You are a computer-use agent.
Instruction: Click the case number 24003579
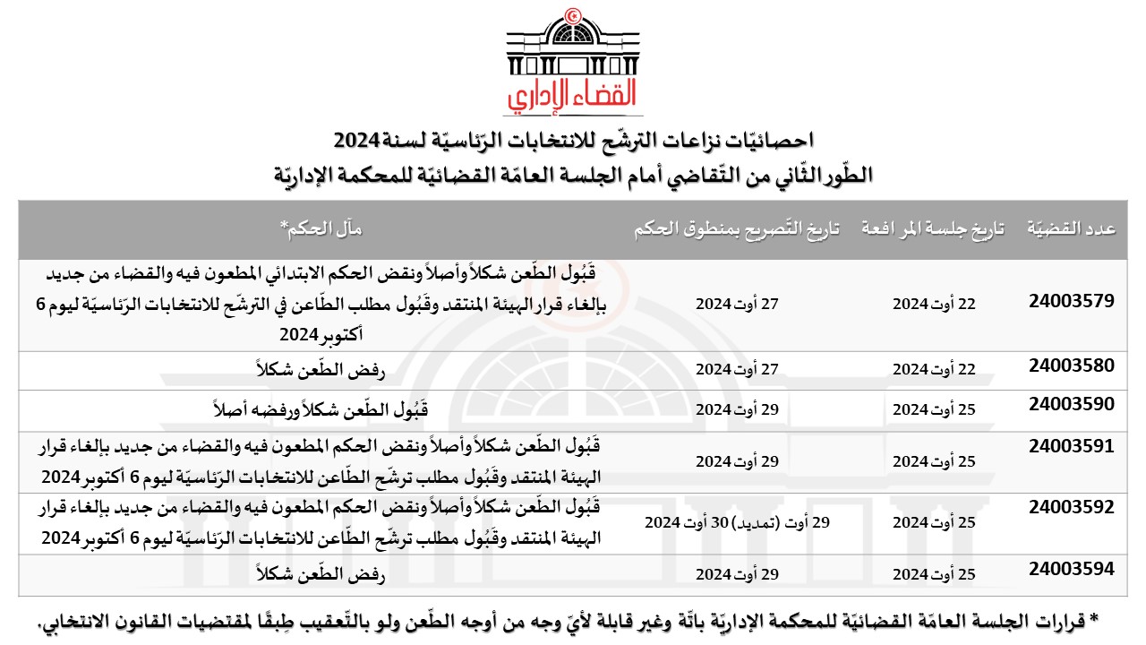pos(1072,301)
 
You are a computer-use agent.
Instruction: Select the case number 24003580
pos(1072,365)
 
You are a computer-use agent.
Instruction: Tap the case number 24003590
pos(1072,403)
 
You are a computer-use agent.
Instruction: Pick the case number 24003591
pos(1072,445)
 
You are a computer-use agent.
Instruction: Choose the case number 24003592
pos(1072,506)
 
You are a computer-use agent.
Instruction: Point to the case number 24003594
pos(1072,568)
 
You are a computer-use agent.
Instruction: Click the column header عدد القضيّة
pos(1071,229)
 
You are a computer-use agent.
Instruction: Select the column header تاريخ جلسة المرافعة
pos(933,229)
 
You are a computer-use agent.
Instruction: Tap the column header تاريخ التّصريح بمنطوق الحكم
pos(738,229)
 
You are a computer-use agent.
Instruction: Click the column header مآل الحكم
pos(323,229)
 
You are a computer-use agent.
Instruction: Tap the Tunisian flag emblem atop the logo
pos(574,16)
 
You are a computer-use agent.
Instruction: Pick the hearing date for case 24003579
pos(933,304)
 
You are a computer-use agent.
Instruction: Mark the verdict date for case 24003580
pos(738,368)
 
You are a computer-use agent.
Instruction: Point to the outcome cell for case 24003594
pos(323,573)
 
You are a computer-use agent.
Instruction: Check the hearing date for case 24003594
pos(933,573)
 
